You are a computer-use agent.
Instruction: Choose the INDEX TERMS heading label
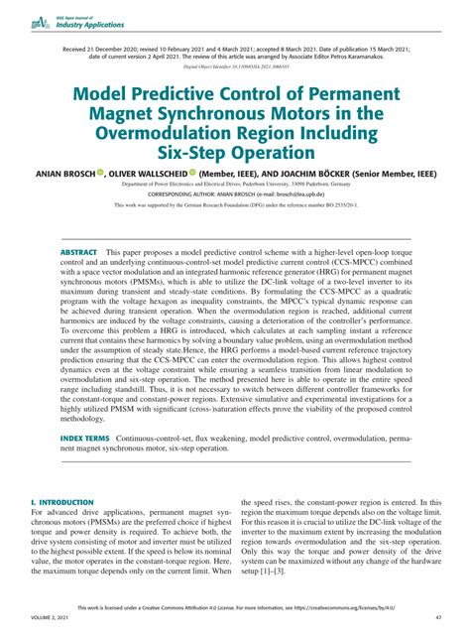pyautogui.click(x=86, y=465)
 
